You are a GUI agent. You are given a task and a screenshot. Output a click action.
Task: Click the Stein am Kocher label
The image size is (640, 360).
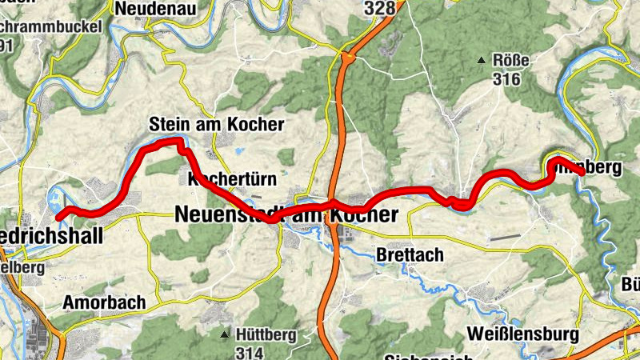pyautogui.click(x=216, y=125)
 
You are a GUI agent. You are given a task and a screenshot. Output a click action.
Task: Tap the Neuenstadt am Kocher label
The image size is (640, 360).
pyautogui.click(x=286, y=215)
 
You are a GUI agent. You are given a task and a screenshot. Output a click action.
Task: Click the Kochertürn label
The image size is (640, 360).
pyautogui.click(x=226, y=178)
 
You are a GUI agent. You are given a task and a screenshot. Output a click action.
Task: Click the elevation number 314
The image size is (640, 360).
pyautogui.click(x=250, y=352)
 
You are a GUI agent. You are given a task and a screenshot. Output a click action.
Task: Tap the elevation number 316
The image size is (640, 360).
pyautogui.click(x=507, y=79)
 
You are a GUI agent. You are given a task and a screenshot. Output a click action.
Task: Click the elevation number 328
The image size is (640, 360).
pyautogui.click(x=379, y=8)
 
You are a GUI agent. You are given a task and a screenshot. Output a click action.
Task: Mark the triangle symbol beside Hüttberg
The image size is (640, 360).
pyautogui.click(x=226, y=334)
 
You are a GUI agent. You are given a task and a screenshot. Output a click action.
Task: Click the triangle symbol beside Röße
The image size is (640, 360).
pyautogui.click(x=482, y=61)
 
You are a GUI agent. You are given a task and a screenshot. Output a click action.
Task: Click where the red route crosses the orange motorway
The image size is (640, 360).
pyautogui.click(x=334, y=202)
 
